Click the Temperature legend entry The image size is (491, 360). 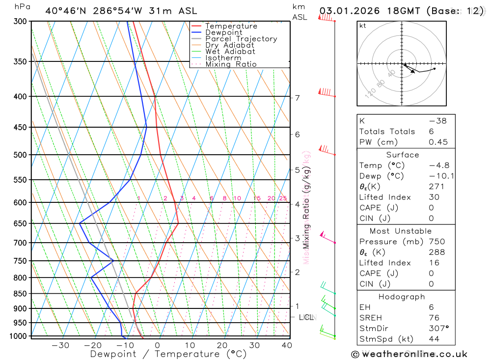click(231, 26)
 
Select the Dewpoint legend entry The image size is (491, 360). click(223, 32)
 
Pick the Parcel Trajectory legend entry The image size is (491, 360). click(241, 39)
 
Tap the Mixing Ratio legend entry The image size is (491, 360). click(231, 64)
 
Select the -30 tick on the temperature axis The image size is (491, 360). click(60, 345)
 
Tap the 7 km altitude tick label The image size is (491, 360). click(298, 98)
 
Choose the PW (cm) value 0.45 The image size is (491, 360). click(438, 142)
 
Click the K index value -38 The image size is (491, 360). click(437, 121)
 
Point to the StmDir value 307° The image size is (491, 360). click(439, 329)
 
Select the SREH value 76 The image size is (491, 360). click(434, 318)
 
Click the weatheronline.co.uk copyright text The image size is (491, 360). click(409, 354)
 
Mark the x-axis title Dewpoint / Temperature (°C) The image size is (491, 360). click(168, 354)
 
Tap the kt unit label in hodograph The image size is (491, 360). click(363, 26)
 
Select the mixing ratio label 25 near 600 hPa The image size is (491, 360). click(283, 198)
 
